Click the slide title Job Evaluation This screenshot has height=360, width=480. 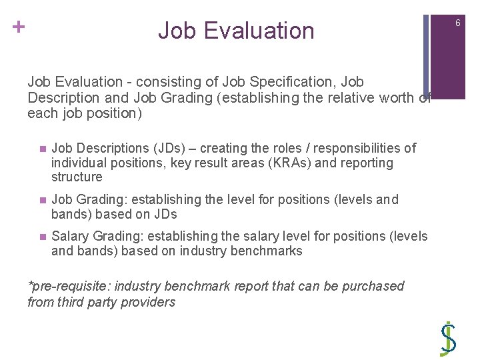[x=236, y=31]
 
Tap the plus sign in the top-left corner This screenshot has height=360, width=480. [x=18, y=27]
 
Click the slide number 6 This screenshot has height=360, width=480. [x=458, y=24]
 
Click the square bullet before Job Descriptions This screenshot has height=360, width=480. [x=41, y=149]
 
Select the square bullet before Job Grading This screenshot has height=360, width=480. [x=41, y=200]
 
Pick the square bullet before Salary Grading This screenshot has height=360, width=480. [x=41, y=237]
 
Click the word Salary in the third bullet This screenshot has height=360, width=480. [x=71, y=237]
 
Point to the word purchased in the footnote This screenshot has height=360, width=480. [x=372, y=286]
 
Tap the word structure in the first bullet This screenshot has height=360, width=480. [x=77, y=177]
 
